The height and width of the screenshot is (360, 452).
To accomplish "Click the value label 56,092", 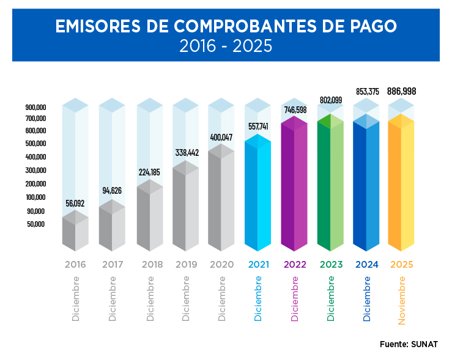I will coord(75,203).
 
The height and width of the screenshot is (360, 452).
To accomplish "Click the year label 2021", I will coord(259,265).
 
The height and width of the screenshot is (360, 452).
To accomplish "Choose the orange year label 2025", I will coord(401,265).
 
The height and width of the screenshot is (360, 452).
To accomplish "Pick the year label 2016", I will coord(75,265).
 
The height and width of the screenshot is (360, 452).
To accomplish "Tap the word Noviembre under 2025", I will coord(402,300).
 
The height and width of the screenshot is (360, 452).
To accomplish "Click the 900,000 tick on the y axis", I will coord(36,107).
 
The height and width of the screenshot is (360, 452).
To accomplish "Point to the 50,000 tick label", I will coord(36,224).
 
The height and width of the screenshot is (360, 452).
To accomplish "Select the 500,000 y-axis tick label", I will coord(36,144).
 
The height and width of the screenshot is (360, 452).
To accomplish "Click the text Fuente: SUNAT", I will coord(408,344).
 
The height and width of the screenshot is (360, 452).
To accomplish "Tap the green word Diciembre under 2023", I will coord(331,298).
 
